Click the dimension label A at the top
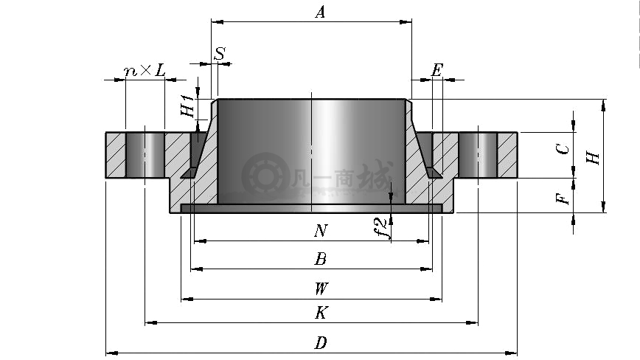coord(321,12)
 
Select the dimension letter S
coord(220,53)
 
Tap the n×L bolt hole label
coord(145,71)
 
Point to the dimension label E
coord(436,70)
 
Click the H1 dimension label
coord(188,105)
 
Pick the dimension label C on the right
coord(563,149)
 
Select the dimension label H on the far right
coord(593,157)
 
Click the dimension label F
coord(563,198)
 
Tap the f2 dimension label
coord(380,228)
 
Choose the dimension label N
coord(321,231)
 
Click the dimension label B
coord(321,259)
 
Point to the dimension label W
coord(321,288)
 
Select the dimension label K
coord(321,313)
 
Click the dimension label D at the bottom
coord(321,343)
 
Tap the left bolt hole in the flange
coord(145,155)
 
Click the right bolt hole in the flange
coord(478,155)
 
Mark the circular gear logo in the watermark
coord(265,176)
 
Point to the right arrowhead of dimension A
coord(406,21)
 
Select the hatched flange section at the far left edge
coord(116,155)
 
